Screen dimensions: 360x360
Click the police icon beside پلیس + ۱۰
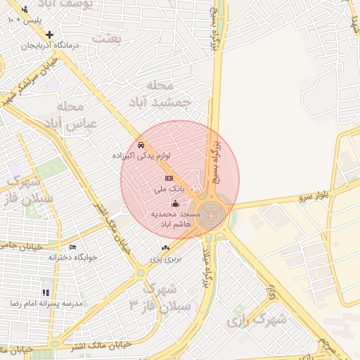pos(25,9)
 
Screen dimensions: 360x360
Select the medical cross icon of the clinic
pos(49,34)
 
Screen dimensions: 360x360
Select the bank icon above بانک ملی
pos(169,179)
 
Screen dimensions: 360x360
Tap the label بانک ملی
pos(169,189)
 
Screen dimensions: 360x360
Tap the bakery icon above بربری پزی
pos(165,247)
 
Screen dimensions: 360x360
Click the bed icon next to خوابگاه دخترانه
pos(73,247)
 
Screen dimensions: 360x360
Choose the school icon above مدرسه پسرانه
pos(46,292)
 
